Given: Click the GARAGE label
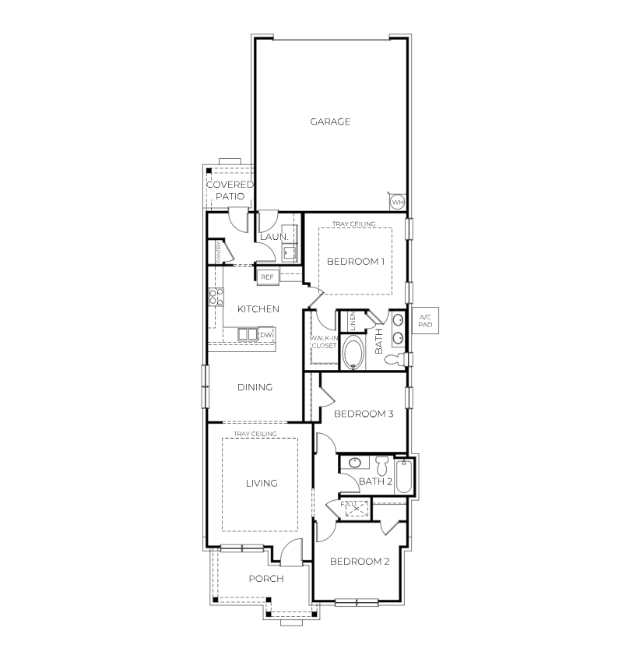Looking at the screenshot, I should pos(330,122).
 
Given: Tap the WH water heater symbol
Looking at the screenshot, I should pos(397,202).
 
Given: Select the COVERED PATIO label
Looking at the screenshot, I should pos(230,191).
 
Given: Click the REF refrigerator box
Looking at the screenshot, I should pos(267,277).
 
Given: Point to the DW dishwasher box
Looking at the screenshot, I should pos(266,335).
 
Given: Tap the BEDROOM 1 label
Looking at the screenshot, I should pos(356,262).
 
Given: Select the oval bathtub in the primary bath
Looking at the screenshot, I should pos(353,352).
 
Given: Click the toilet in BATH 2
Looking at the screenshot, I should pos(381,465).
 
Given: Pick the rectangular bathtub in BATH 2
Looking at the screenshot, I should pos(404,477).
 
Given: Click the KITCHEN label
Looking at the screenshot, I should pos(258,309).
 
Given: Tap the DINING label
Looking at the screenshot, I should pos(255,387).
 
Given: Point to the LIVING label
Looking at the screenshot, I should pos(262,484).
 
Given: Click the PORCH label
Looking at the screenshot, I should pos(265,579).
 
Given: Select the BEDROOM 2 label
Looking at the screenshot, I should pos(360,562).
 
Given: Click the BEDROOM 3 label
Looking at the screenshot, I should pos(364,414).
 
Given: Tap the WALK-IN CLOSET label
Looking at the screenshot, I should pos(324,341).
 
